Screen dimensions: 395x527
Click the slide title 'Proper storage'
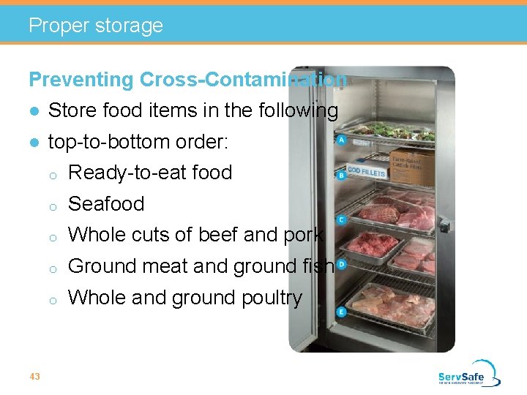click(x=95, y=26)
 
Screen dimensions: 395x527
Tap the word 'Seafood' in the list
click(x=106, y=203)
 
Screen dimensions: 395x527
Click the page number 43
click(x=34, y=376)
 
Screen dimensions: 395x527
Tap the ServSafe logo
click(x=469, y=373)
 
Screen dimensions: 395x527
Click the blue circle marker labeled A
click(x=341, y=140)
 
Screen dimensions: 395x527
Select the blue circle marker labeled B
click(x=341, y=176)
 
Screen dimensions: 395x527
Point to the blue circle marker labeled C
click(x=341, y=219)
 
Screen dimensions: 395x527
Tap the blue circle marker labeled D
click(x=341, y=264)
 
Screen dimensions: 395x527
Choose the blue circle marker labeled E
click(x=341, y=312)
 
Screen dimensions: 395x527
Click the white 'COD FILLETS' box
click(x=366, y=172)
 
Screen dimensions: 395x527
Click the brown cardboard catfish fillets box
click(x=411, y=165)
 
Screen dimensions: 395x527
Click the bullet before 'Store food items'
click(x=34, y=111)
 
